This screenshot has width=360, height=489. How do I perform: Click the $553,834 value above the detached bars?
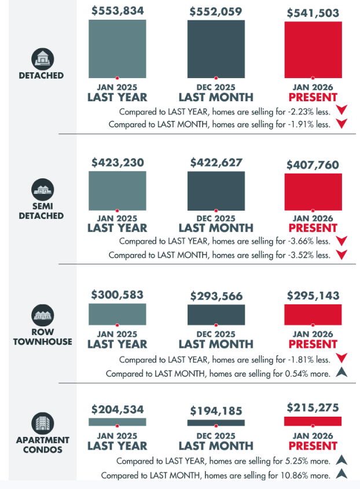point(117,11)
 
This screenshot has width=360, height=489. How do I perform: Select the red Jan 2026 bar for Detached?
point(313,49)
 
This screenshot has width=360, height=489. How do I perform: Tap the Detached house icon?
point(41,58)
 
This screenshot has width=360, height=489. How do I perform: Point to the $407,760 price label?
point(313,165)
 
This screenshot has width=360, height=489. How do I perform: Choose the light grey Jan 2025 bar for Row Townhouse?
point(117,314)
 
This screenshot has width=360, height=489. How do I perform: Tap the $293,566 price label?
point(216,296)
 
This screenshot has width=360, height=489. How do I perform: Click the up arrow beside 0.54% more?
point(341,373)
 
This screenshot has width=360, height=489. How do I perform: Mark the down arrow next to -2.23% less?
point(341,110)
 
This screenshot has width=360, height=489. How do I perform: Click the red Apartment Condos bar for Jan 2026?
point(313,421)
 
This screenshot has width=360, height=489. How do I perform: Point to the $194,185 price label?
point(216,410)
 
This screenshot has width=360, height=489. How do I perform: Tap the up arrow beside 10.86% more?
point(341,475)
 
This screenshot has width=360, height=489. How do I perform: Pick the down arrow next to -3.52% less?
point(341,255)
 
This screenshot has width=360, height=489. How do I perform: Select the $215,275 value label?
point(313,408)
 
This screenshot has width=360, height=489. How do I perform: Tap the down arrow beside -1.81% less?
point(341,359)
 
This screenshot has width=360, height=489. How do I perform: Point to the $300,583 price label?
point(117,295)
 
